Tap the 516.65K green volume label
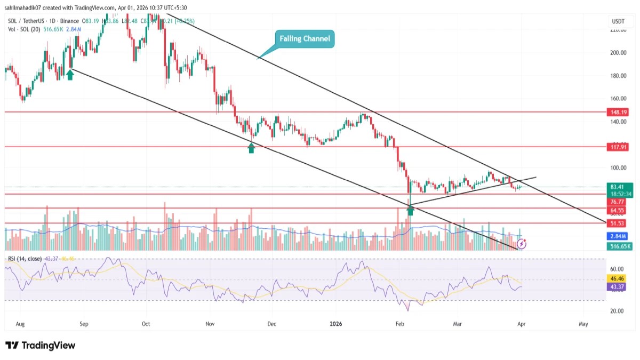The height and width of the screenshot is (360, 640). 618,246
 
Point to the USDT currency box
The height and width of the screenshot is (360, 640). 618,21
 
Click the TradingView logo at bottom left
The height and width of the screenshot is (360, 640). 41,346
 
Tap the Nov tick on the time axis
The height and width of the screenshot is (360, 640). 210,324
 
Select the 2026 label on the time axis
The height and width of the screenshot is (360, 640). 336,324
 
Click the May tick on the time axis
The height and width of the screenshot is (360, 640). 583,324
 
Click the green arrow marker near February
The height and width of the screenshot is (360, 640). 410,210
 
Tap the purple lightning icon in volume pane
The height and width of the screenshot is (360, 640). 522,244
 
